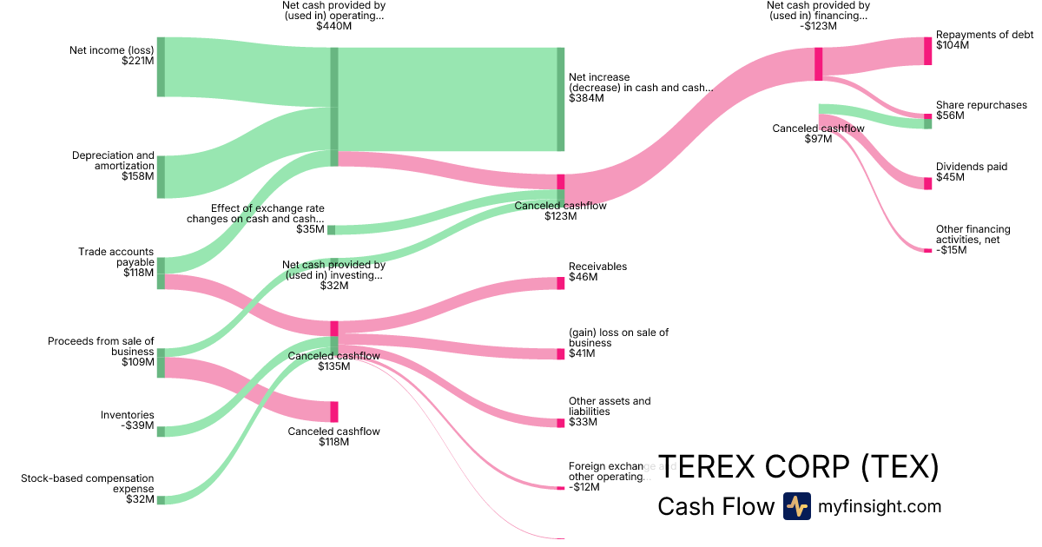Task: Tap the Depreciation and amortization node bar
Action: pos(161,177)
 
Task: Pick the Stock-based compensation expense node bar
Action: pos(161,500)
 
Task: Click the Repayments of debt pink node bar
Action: pos(927,51)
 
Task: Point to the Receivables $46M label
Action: pos(597,272)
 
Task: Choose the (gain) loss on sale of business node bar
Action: pos(561,354)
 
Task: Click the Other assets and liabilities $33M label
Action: pos(609,412)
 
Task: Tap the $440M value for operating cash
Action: pos(333,26)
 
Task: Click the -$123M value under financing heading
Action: pos(817,26)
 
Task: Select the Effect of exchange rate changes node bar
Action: pos(331,230)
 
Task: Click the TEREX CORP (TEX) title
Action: pos(799,467)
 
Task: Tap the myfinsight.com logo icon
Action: pos(796,506)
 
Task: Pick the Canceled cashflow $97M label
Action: pos(818,134)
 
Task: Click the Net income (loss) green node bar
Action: pos(161,67)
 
